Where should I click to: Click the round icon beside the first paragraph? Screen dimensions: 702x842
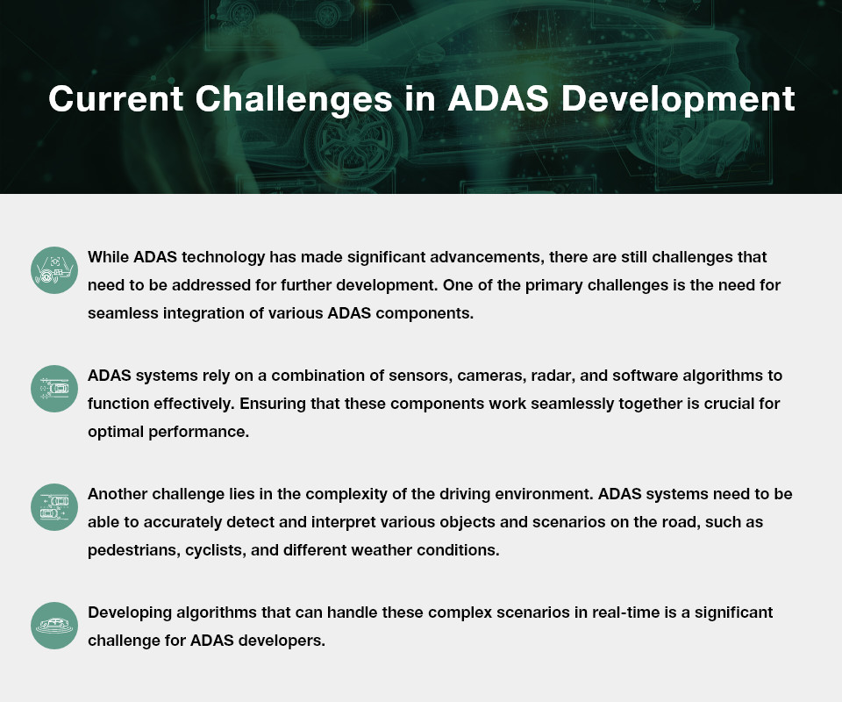click(x=54, y=269)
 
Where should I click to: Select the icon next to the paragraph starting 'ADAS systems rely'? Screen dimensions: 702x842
click(x=54, y=388)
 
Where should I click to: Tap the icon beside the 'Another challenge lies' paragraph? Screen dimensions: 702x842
click(x=54, y=506)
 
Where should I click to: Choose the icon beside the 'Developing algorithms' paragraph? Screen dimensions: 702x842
click(x=54, y=625)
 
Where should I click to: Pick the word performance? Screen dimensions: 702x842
click(x=193, y=432)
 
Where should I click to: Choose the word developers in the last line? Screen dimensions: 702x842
click(x=282, y=641)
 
